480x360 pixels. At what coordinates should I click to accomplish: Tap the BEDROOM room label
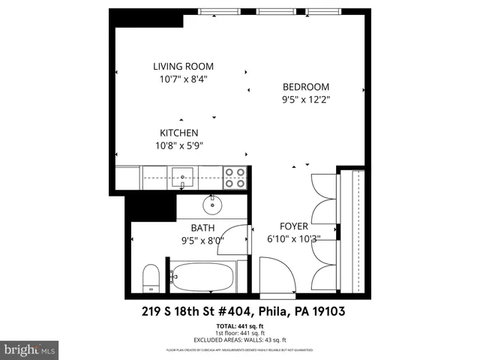coord(305,85)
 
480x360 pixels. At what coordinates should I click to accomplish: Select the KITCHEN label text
coord(178,133)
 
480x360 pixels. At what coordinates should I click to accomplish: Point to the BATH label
coord(202,228)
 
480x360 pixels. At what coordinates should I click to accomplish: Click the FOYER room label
coord(293,226)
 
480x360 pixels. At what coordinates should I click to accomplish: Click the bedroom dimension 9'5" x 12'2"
coord(305,98)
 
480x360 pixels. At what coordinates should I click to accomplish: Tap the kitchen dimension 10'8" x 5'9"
coord(178,145)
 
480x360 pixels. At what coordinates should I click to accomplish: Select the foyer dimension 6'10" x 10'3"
coord(294,239)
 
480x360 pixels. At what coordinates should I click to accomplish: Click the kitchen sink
coord(181,178)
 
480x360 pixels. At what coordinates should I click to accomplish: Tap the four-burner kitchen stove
coord(235,177)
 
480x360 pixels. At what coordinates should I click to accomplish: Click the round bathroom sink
coord(212,202)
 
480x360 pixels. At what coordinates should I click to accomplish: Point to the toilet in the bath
coord(150,277)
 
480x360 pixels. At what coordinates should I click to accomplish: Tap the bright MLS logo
coord(30,349)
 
